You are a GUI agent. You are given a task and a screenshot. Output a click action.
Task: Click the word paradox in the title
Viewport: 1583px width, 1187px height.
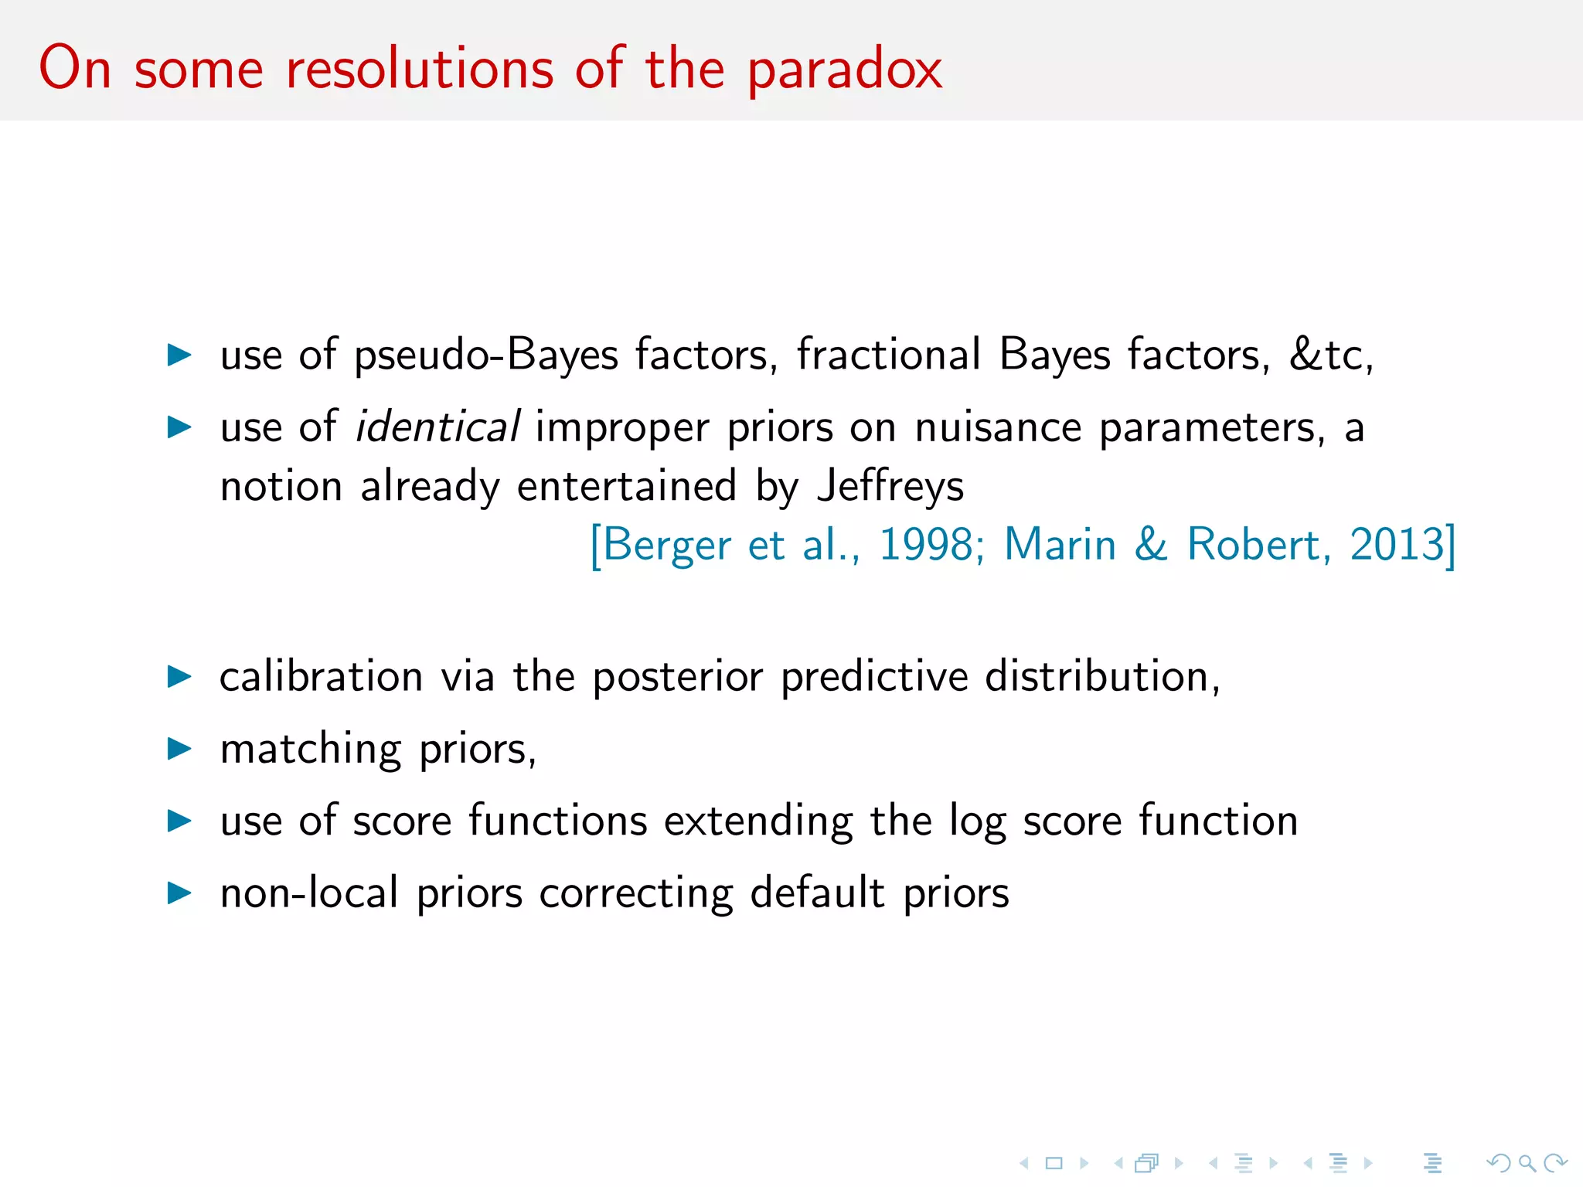point(845,70)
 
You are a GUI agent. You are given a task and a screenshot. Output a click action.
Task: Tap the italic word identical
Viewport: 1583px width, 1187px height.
point(437,427)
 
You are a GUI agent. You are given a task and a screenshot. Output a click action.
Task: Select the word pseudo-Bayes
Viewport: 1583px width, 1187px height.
point(486,355)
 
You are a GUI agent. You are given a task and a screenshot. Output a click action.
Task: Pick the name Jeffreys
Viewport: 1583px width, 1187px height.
point(890,487)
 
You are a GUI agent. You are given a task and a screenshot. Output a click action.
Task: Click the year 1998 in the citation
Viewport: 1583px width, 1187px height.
point(927,544)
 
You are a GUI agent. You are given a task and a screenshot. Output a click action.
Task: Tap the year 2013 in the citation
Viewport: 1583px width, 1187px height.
point(1397,544)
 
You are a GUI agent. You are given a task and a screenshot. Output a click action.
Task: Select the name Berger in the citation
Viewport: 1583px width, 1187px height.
point(666,546)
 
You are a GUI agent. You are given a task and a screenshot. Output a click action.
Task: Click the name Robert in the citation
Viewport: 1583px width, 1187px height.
point(1253,544)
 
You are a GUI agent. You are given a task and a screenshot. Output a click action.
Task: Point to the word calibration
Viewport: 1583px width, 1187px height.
point(321,677)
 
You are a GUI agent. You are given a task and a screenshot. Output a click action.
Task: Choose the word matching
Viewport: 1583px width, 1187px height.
point(311,750)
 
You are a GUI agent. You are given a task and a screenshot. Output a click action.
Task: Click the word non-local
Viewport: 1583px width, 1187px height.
point(309,893)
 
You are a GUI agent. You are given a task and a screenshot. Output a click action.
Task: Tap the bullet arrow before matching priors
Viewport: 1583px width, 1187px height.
point(179,748)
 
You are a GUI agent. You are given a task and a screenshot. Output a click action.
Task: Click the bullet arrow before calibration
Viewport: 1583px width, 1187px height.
point(179,676)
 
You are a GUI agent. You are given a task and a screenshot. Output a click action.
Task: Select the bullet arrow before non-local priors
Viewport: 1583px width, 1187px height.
point(179,893)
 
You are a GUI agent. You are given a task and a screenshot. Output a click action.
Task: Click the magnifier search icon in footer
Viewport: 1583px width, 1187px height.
point(1527,1163)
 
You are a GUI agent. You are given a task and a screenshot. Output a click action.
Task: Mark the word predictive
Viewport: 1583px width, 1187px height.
point(874,677)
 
